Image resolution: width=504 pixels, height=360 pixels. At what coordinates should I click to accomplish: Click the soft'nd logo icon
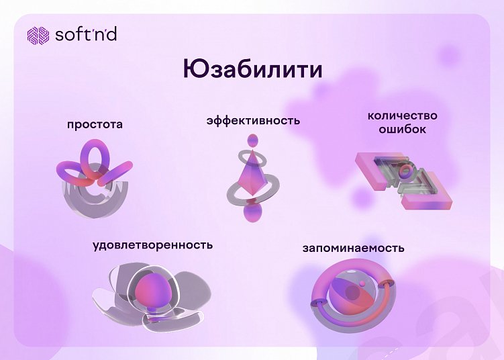pyautogui.click(x=38, y=35)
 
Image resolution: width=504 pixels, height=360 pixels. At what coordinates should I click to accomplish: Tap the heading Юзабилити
pyautogui.click(x=252, y=70)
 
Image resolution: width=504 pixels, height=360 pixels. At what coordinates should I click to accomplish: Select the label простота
pyautogui.click(x=95, y=124)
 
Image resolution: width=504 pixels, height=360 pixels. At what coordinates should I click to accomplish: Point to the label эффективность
pyautogui.click(x=252, y=121)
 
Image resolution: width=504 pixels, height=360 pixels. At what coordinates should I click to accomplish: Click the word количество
pyautogui.click(x=402, y=116)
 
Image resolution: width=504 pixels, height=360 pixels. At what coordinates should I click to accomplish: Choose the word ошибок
pyautogui.click(x=402, y=129)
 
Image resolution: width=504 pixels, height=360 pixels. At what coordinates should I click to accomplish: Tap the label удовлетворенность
pyautogui.click(x=152, y=244)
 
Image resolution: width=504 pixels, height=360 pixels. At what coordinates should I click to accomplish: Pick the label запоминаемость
pyautogui.click(x=353, y=248)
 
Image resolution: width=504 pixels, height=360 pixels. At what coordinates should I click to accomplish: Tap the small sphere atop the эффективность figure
pyautogui.click(x=252, y=140)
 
